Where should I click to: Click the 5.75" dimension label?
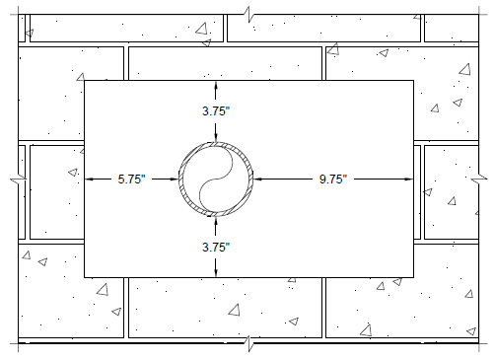pyautogui.click(x=131, y=180)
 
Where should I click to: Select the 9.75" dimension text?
pyautogui.click(x=333, y=180)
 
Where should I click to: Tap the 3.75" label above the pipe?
pyautogui.click(x=216, y=111)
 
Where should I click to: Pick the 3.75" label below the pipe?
pyautogui.click(x=216, y=247)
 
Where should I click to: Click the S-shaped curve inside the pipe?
pyautogui.click(x=216, y=180)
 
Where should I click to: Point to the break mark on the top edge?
pyautogui.click(x=248, y=15)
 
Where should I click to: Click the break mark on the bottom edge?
pyautogui.click(x=248, y=343)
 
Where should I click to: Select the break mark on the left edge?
pyautogui.click(x=18, y=180)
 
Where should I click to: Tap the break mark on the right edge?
pyautogui.click(x=479, y=180)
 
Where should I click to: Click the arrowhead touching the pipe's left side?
pyautogui.click(x=174, y=180)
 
